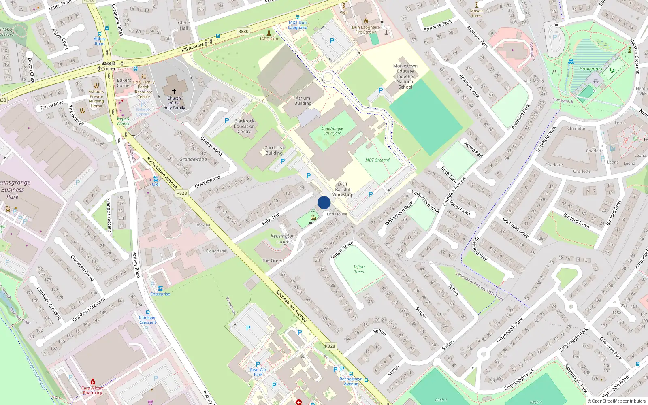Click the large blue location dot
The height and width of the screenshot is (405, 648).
[324, 202]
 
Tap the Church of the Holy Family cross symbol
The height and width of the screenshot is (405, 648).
[174, 92]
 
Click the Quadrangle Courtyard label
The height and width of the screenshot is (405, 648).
[333, 131]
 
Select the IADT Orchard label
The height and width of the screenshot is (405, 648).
[377, 160]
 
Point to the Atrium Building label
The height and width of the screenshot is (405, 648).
[303, 101]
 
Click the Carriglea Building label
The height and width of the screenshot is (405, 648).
[274, 151]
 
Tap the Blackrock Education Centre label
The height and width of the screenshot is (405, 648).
[244, 126]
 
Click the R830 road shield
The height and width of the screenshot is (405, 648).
[243, 32]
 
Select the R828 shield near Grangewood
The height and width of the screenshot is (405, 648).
[182, 193]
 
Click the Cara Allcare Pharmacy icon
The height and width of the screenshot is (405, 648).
[93, 382]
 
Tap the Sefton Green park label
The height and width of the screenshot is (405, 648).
[359, 269]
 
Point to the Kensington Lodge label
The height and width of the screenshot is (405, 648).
[283, 239]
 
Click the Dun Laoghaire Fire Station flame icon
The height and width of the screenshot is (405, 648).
[366, 21]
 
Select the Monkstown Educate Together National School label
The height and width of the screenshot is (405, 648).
[405, 76]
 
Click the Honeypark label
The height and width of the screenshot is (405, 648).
[590, 69]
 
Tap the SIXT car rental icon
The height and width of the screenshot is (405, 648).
[156, 179]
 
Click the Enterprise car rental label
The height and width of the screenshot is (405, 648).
[160, 294]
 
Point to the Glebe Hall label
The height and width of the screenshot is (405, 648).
[184, 26]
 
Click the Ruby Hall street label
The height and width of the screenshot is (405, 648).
[271, 219]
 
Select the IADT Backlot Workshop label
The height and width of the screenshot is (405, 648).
[343, 190]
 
